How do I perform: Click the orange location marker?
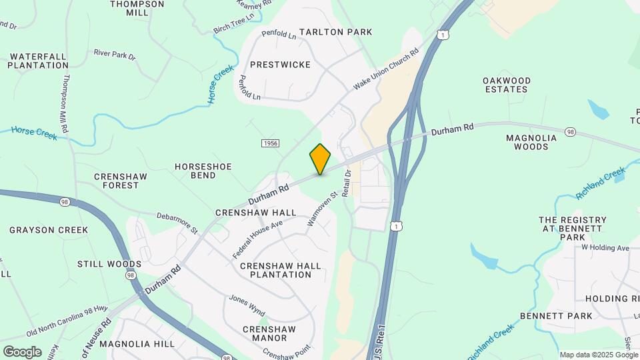[320, 159]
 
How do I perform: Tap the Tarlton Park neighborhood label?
[335, 32]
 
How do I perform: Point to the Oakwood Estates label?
[507, 85]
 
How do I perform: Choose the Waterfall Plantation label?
[38, 61]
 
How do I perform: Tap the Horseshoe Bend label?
[203, 171]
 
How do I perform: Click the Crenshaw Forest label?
[117, 181]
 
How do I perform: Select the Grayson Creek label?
[49, 230]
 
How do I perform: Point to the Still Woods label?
[109, 264]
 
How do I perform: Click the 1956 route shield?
[270, 143]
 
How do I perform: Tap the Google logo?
[22, 352]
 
